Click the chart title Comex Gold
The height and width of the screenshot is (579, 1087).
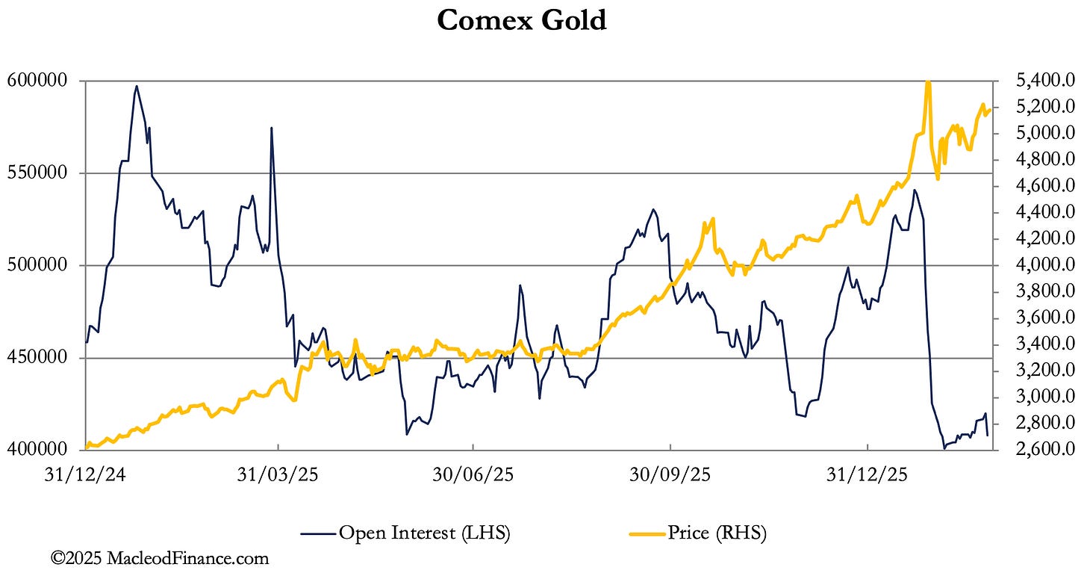(x=521, y=20)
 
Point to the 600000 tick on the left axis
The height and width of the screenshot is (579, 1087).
(x=41, y=81)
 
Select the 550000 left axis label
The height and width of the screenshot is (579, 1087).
(x=41, y=173)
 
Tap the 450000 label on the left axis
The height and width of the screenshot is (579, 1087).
(x=41, y=358)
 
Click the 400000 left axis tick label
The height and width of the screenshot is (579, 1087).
(x=41, y=450)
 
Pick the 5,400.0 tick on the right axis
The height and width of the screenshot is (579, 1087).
(x=1043, y=81)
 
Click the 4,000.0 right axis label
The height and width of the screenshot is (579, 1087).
(x=1043, y=265)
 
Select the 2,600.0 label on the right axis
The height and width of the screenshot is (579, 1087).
(x=1043, y=450)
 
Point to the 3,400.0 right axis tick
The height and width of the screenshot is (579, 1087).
(x=1043, y=344)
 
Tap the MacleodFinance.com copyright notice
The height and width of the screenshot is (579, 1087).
(x=160, y=558)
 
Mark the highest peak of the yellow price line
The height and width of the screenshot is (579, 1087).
(x=927, y=82)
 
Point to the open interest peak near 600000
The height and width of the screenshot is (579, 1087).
(x=136, y=86)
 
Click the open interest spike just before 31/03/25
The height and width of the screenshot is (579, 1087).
(x=271, y=128)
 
